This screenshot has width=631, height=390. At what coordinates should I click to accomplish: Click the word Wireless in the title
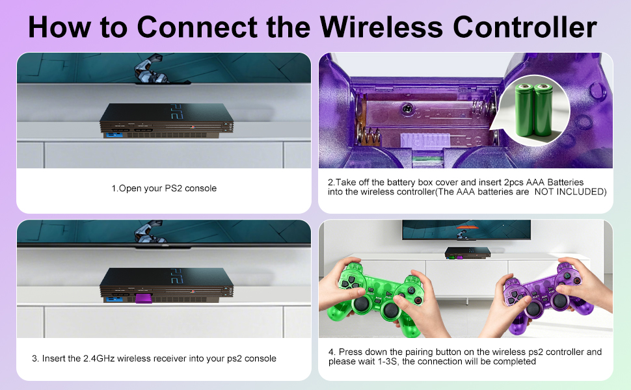pyautogui.click(x=382, y=27)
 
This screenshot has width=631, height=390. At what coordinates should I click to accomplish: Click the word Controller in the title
pyautogui.click(x=525, y=27)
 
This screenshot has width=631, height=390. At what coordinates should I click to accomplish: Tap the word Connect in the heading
pyautogui.click(x=197, y=27)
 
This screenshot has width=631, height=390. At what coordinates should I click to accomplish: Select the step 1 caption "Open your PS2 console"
pyautogui.click(x=167, y=188)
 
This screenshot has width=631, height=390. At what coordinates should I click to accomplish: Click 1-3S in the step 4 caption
pyautogui.click(x=388, y=361)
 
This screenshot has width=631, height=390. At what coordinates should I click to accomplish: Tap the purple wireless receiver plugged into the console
pyautogui.click(x=143, y=298)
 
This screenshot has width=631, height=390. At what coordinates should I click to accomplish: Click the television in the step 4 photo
pyautogui.click(x=466, y=229)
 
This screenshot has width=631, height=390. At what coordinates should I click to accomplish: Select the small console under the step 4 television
pyautogui.click(x=468, y=253)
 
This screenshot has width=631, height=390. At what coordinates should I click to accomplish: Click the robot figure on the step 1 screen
pyautogui.click(x=150, y=70)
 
